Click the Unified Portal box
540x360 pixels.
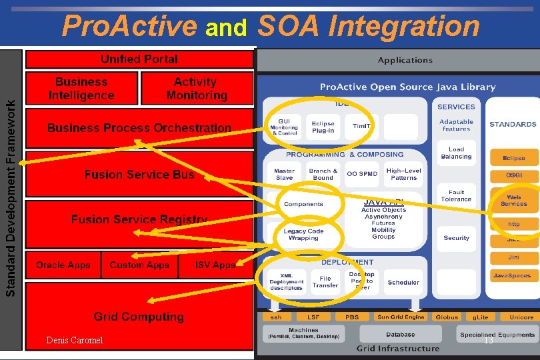click(x=139, y=59)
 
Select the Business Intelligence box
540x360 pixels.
click(x=81, y=89)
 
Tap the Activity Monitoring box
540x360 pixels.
click(x=196, y=89)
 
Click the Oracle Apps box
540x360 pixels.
click(x=63, y=265)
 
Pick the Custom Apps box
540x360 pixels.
click(x=139, y=265)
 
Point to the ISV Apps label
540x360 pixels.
click(x=215, y=265)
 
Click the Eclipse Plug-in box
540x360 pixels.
click(x=323, y=127)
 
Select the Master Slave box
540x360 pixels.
click(x=284, y=174)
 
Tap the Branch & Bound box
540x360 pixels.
click(x=323, y=174)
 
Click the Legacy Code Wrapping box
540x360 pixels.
click(x=303, y=235)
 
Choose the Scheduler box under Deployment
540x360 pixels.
click(x=403, y=282)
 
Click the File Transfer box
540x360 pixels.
click(x=325, y=282)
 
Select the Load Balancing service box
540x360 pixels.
click(x=456, y=153)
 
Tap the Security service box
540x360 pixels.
click(x=456, y=238)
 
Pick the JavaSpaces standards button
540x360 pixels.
click(x=512, y=275)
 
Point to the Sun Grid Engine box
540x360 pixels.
click(x=401, y=317)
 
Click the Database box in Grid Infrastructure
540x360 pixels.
click(x=400, y=334)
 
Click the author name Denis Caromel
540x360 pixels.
click(x=75, y=341)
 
